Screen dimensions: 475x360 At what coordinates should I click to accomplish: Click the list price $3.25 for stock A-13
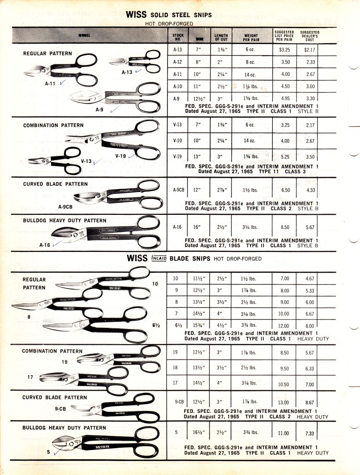[284, 49]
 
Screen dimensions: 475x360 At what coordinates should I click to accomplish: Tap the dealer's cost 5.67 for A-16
[310, 227]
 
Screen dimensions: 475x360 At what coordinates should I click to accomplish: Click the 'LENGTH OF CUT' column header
[221, 37]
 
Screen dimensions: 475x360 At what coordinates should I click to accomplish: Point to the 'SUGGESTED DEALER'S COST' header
[309, 36]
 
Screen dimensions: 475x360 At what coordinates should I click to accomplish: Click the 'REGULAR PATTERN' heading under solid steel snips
[47, 53]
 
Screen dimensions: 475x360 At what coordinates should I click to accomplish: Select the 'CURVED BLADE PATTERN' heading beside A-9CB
[55, 184]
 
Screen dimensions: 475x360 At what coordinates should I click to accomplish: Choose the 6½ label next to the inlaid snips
[155, 325]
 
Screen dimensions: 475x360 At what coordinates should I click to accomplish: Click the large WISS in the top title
[136, 15]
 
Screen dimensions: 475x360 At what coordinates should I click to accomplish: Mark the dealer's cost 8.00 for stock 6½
[310, 326]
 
